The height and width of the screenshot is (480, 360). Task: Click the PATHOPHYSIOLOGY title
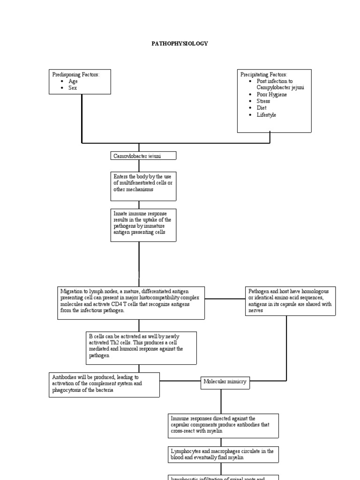tap(180, 43)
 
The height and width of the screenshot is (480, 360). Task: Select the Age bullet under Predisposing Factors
tap(73, 81)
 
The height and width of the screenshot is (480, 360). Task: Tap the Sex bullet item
tap(72, 88)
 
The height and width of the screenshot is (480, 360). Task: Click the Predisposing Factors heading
tap(75, 75)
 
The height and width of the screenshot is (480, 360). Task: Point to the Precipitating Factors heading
tap(264, 75)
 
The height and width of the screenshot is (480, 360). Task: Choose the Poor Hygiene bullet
tap(272, 94)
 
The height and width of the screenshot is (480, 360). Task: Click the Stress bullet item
tap(263, 101)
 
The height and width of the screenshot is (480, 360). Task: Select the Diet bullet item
tap(262, 108)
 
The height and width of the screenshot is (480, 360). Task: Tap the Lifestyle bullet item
tap(266, 115)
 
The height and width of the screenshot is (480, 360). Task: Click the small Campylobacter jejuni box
tap(137, 155)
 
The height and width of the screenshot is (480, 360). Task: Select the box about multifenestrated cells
tap(143, 186)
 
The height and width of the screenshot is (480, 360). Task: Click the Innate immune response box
tap(143, 225)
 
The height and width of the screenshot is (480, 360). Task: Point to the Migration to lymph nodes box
tap(131, 303)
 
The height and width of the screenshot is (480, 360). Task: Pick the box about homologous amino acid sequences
tap(290, 301)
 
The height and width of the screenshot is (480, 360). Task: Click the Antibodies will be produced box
tap(104, 384)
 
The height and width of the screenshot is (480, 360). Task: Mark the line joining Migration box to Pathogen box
tap(225, 298)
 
